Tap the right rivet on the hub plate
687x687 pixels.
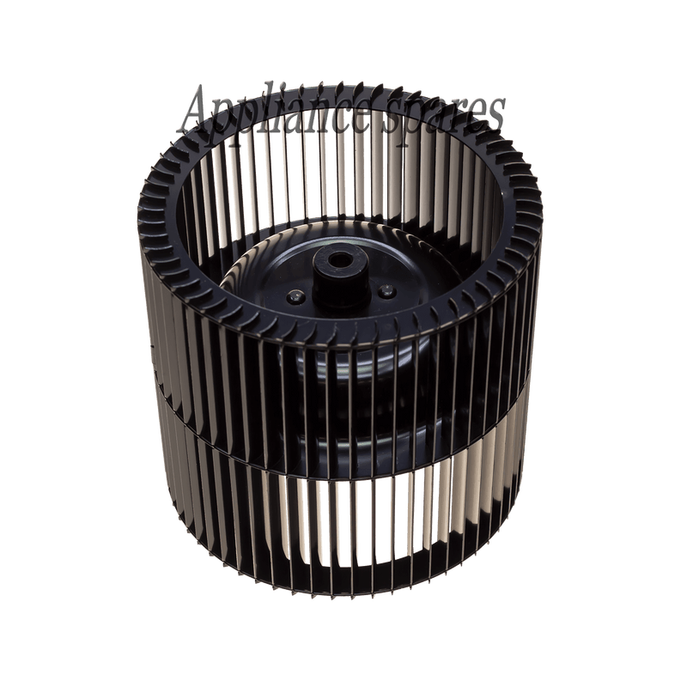[x=386, y=290]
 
